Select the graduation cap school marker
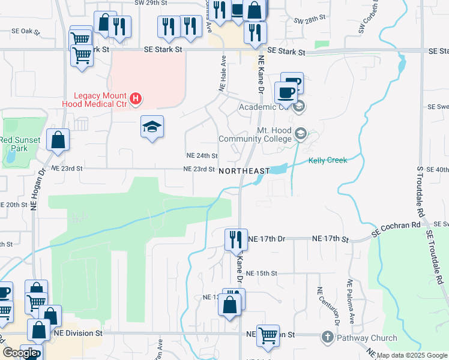click(x=152, y=127)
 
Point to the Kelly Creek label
click(x=328, y=160)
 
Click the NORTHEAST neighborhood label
click(x=244, y=171)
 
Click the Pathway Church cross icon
click(x=328, y=337)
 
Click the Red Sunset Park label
click(x=13, y=144)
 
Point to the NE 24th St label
click(x=202, y=155)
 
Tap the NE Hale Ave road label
click(x=222, y=73)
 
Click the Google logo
click(x=20, y=353)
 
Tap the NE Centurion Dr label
click(x=320, y=306)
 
